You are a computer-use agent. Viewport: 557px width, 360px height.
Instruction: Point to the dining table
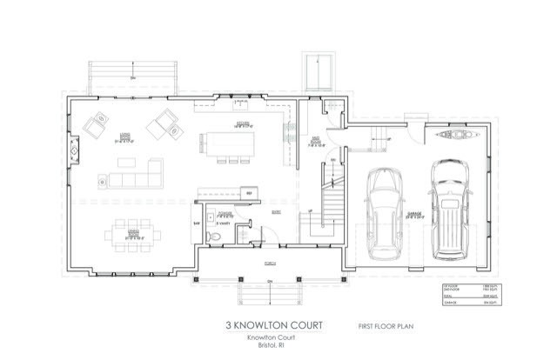[133, 233]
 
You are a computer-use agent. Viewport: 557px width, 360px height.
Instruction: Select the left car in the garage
[384, 211]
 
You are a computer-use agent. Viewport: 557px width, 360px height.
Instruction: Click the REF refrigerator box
[249, 193]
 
